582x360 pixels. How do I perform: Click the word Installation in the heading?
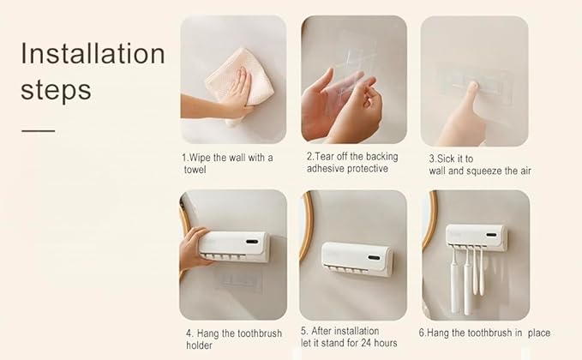pos(93,53)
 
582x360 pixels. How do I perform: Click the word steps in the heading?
pos(57,89)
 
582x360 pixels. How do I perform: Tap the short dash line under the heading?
pos(38,131)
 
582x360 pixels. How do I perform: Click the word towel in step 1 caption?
pos(195,170)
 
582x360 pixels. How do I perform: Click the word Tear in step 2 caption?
pos(326,157)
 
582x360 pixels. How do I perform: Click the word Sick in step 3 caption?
pos(447,159)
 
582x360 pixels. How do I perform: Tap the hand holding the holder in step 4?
pos(193,249)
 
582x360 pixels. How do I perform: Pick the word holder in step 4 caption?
pos(201,345)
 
